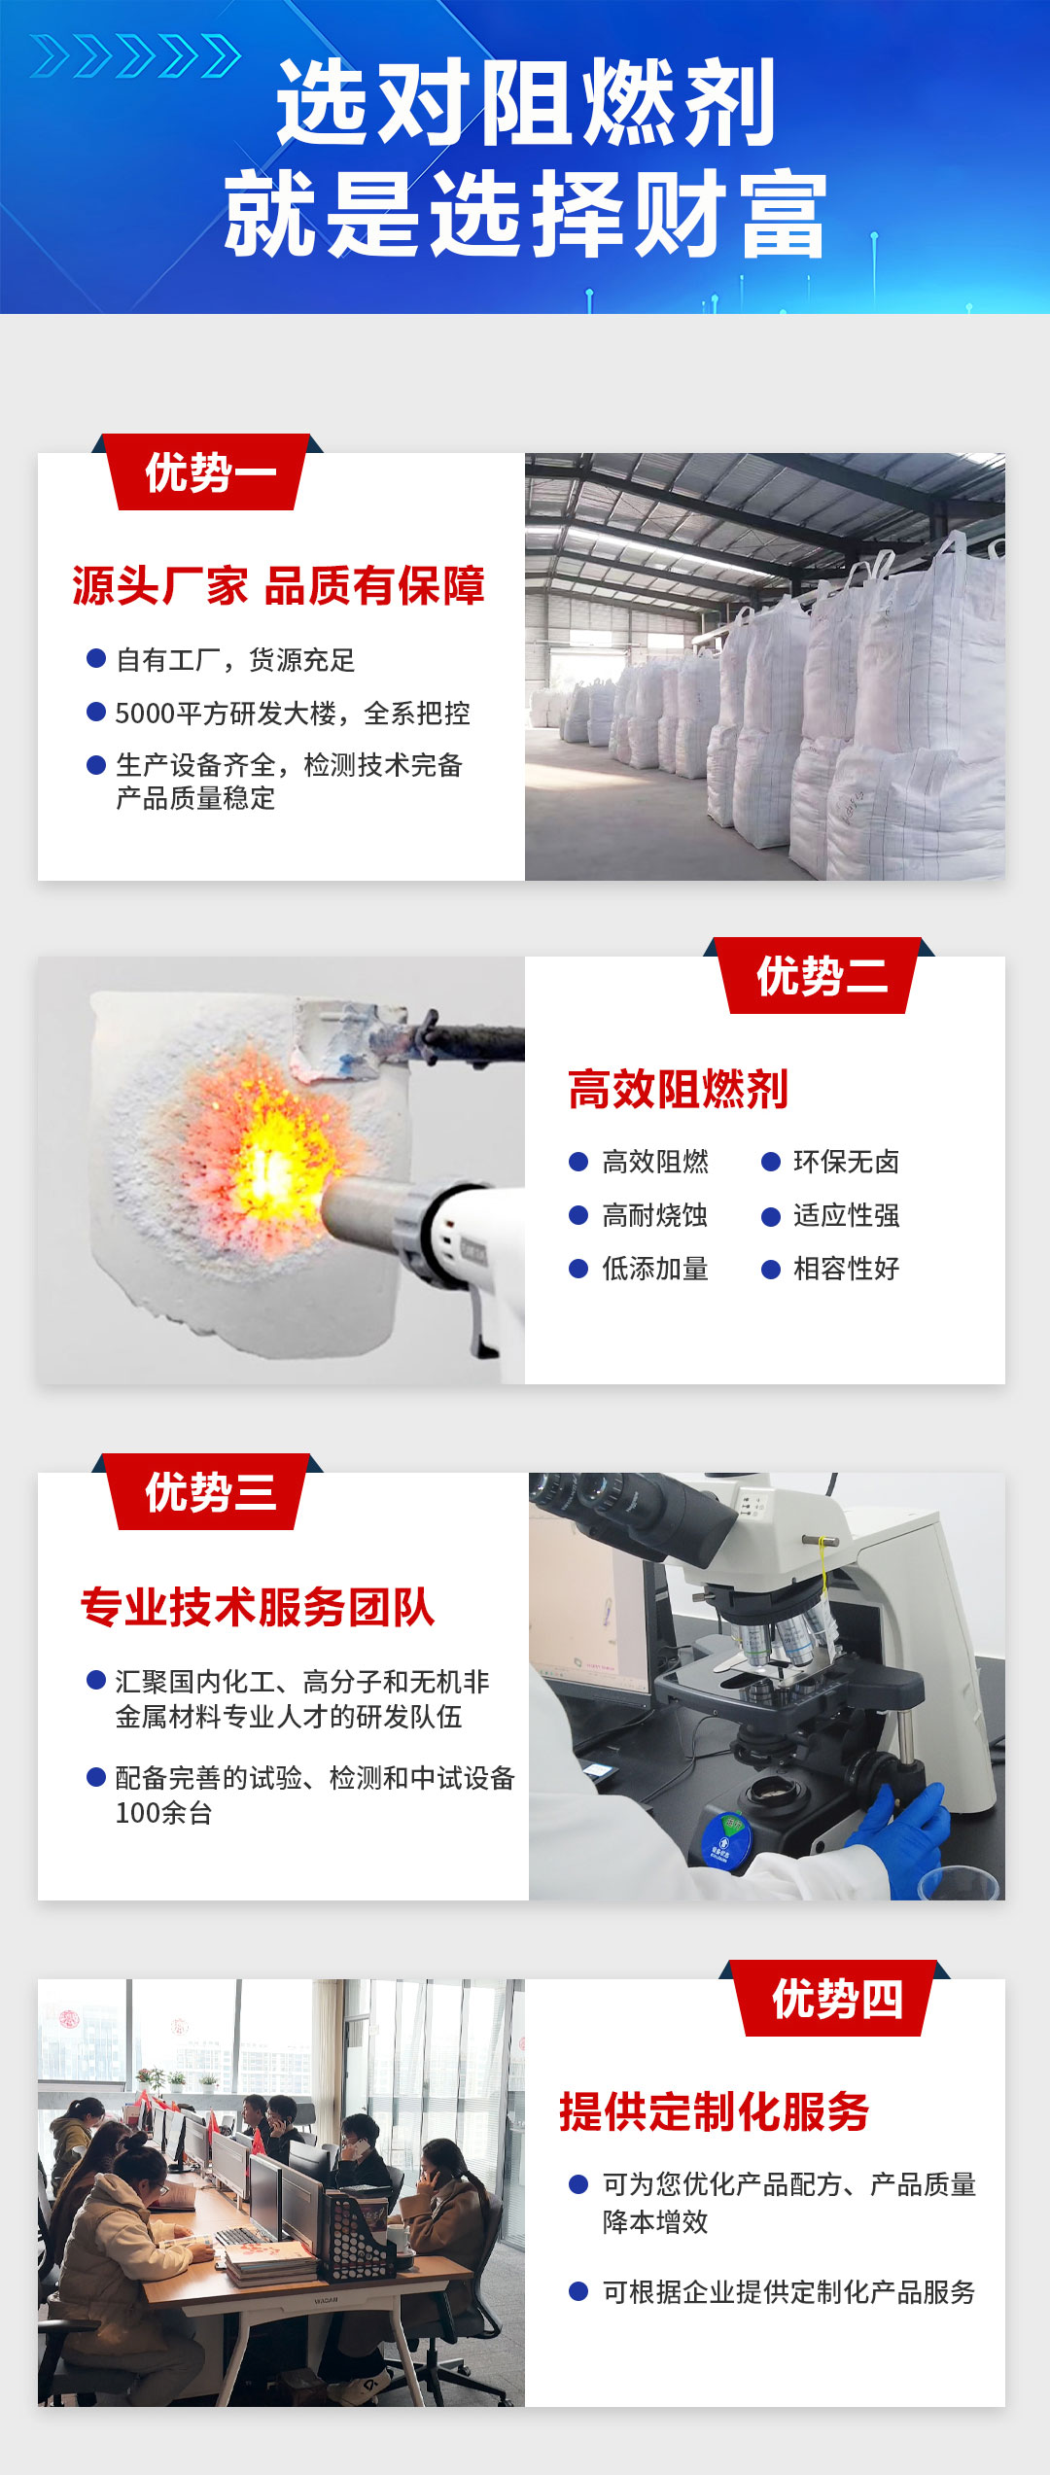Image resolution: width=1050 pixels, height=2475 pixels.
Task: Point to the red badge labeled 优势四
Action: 835,1999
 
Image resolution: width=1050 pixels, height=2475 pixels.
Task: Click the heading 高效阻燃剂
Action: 678,1090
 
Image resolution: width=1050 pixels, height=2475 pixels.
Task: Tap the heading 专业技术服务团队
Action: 258,1607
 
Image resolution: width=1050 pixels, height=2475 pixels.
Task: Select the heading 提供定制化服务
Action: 714,2112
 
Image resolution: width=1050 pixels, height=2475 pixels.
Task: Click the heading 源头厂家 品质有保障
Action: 278,586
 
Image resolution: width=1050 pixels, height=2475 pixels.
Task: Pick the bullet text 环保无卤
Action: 846,1162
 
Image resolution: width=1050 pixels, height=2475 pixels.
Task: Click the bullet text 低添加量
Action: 655,1269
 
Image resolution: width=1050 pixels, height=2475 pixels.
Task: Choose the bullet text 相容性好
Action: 846,1269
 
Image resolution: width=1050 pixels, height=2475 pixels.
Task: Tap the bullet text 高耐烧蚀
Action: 655,1215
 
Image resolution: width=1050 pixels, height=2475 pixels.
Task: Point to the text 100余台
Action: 163,1813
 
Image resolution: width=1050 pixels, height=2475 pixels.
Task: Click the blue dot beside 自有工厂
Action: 96,659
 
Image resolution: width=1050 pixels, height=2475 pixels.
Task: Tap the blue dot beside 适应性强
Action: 771,1216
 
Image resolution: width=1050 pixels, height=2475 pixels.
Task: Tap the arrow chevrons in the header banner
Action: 135,55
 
